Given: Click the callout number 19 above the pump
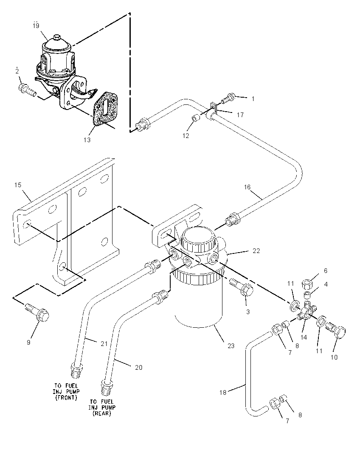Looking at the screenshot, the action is (36, 26).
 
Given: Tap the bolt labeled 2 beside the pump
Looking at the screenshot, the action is (28, 90).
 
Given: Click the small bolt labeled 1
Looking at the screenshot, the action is (228, 98).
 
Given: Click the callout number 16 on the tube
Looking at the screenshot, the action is (247, 187).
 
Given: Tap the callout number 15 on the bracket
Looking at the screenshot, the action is (18, 185).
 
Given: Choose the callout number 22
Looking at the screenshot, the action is (256, 251).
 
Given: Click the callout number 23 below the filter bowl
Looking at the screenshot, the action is (231, 346).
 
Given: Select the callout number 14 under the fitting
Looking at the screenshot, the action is (304, 337).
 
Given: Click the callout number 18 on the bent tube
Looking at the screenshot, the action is (223, 392).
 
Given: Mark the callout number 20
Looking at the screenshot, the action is (139, 368).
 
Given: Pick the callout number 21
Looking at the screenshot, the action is (104, 344).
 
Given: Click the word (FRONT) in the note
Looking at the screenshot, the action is (66, 398).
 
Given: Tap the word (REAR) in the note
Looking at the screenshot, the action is (102, 413).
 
